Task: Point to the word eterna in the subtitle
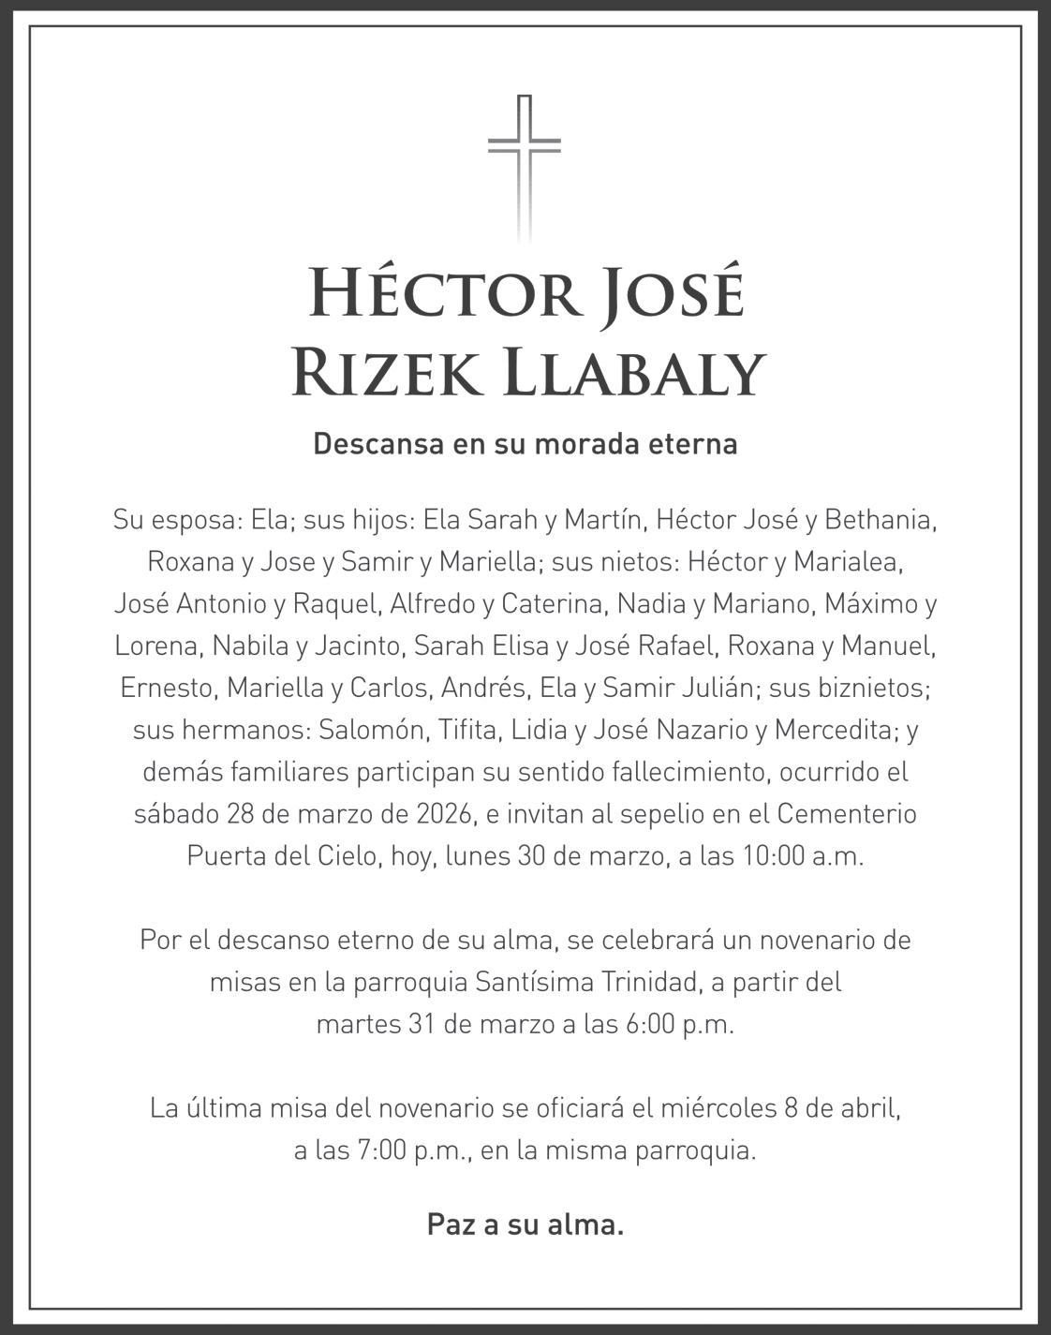click(x=693, y=443)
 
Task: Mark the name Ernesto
click(x=169, y=688)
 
